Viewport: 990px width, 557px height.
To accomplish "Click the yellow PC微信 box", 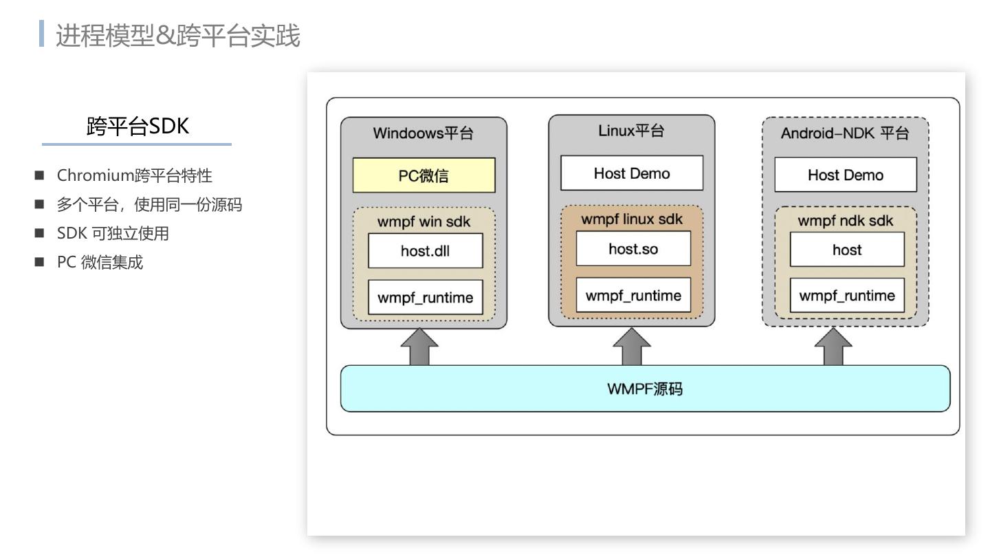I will tap(423, 175).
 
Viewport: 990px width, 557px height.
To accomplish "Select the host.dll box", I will tap(425, 250).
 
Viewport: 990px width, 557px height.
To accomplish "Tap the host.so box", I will tap(632, 248).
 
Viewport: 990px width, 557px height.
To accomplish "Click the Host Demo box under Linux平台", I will tap(632, 173).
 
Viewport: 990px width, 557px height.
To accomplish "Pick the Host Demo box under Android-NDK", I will tap(845, 175).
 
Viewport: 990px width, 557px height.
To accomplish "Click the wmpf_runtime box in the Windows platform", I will tap(425, 297).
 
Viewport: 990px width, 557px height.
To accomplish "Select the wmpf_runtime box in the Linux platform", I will tap(632, 295).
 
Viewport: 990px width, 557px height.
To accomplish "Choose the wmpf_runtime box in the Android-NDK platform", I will tap(846, 295).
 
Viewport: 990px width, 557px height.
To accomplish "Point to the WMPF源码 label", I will tap(645, 389).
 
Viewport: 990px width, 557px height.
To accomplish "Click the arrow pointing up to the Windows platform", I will tap(419, 347).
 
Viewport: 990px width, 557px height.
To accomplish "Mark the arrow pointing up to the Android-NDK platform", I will tap(833, 347).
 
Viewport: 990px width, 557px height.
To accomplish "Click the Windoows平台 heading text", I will tap(423, 133).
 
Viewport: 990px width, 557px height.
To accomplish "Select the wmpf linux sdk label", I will tap(632, 219).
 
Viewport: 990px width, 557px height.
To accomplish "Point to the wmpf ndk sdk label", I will tap(845, 221).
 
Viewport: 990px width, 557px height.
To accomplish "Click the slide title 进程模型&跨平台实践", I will tap(177, 36).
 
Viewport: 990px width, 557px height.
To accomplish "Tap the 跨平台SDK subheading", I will tap(137, 126).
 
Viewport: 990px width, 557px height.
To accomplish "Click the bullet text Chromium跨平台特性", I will tap(135, 175).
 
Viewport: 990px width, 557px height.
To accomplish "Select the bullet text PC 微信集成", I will tap(100, 262).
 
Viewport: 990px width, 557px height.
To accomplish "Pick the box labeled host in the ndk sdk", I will tap(846, 250).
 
